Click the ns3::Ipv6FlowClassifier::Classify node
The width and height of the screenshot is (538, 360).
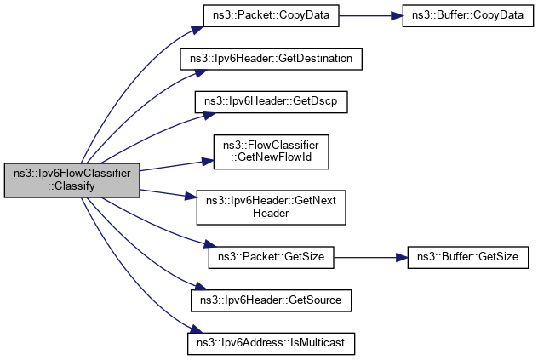pyautogui.click(x=71, y=180)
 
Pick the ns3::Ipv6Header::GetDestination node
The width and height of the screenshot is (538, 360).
pyautogui.click(x=271, y=59)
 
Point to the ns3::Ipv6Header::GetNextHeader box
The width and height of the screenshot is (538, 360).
pyautogui.click(x=271, y=207)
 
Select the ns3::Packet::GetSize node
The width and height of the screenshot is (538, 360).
pyautogui.click(x=271, y=255)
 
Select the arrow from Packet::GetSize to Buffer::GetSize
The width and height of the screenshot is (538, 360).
pyautogui.click(x=370, y=255)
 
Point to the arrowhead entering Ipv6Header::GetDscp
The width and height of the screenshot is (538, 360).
pyautogui.click(x=190, y=108)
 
